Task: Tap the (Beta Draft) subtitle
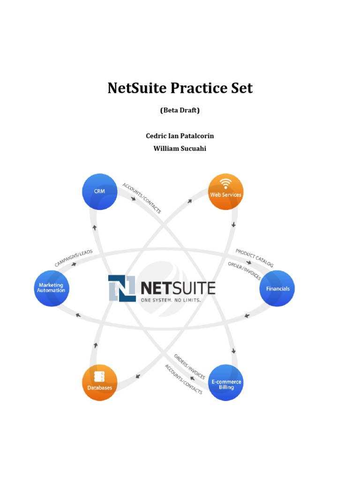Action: pos(180,111)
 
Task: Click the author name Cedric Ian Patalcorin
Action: pos(180,136)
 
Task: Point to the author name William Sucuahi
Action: pos(180,149)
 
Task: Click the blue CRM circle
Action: pos(100,191)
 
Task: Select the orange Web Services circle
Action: pos(225,191)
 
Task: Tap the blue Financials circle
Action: pos(277,289)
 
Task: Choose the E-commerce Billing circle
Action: pos(225,383)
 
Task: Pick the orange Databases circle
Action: pos(99,383)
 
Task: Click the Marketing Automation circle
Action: pos(51,288)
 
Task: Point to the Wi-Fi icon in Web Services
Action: pos(226,183)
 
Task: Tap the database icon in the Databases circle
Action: pos(99,376)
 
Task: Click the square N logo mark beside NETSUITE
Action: pos(122,288)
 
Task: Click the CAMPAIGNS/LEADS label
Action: pos(74,258)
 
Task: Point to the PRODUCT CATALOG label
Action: pos(254,258)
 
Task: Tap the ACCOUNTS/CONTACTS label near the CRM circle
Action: pos(142,198)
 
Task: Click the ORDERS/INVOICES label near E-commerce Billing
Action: pos(189,367)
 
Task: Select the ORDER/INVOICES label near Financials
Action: pos(244,271)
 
